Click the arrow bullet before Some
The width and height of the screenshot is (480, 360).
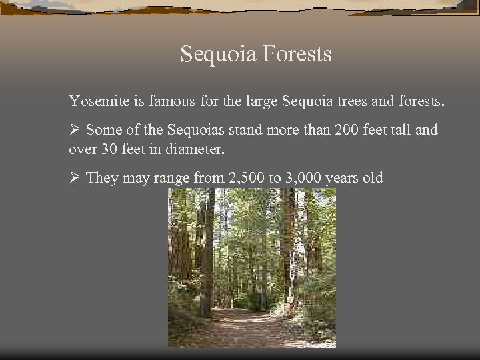tap(75, 130)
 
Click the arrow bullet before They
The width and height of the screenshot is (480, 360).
tap(75, 179)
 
